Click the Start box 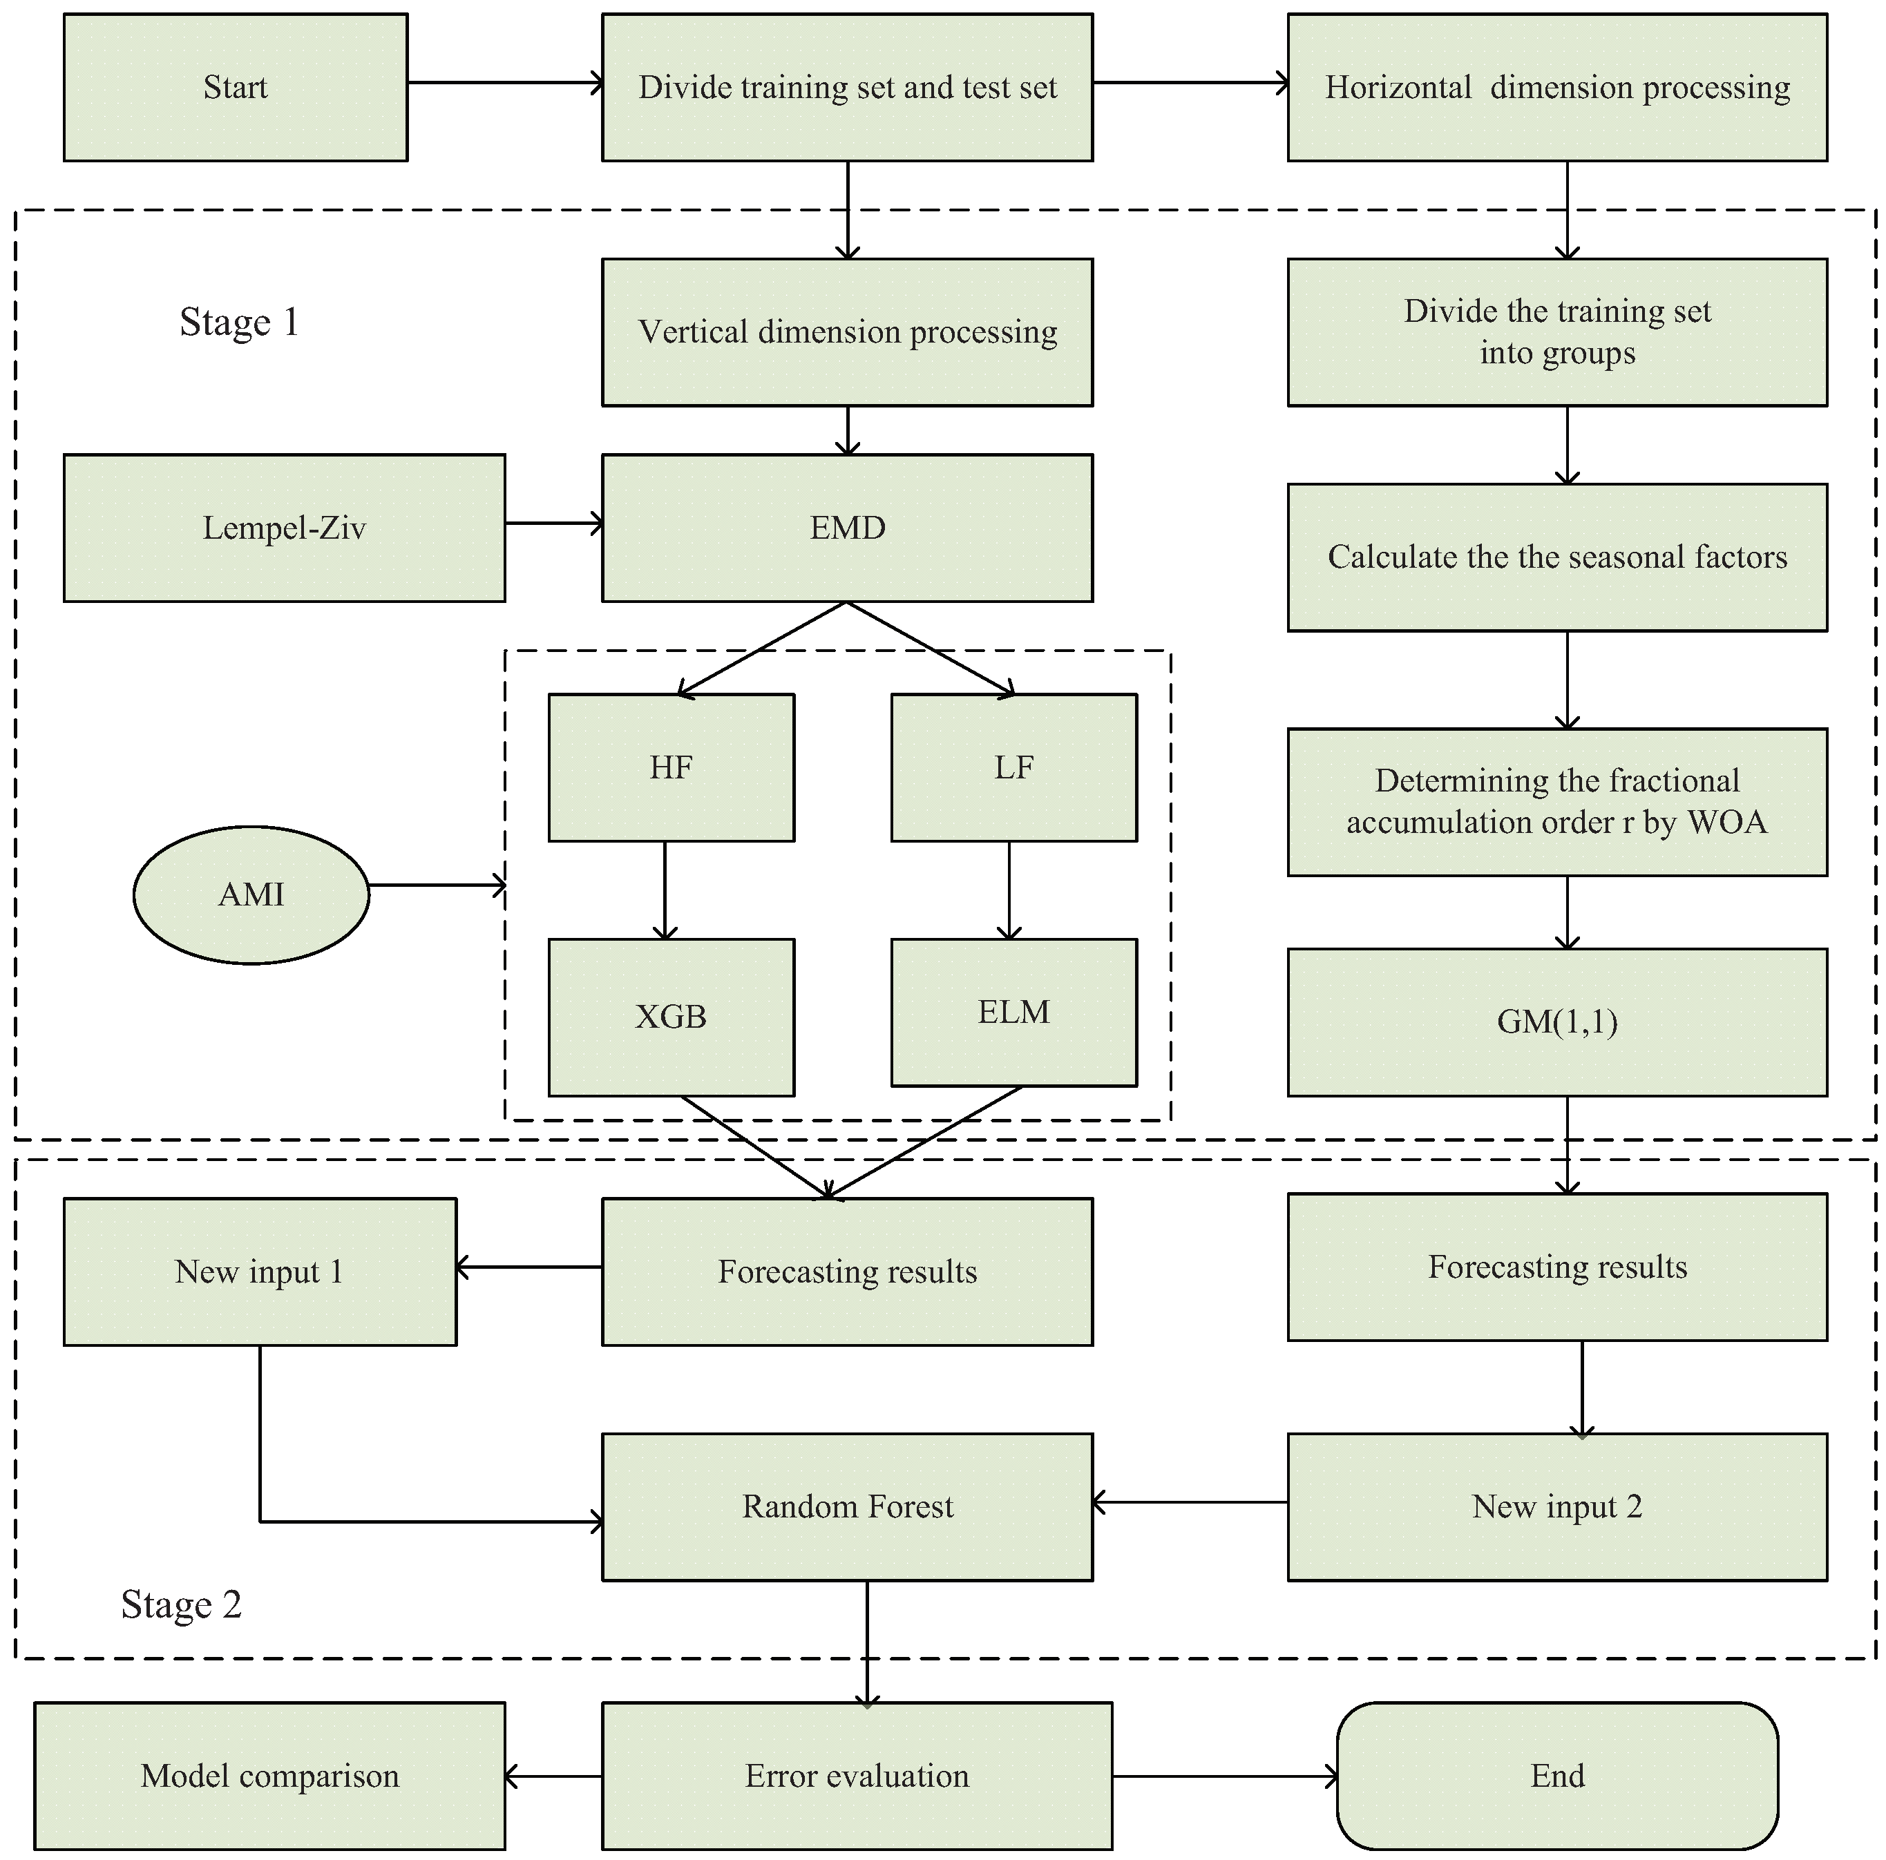tap(236, 87)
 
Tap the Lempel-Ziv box tap(284, 528)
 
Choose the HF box tap(671, 768)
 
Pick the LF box tap(1013, 768)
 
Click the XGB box tap(671, 1017)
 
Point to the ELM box tap(1013, 1012)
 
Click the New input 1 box tap(260, 1272)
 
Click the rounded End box tap(1557, 1776)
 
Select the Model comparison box tap(269, 1776)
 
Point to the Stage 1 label tap(238, 322)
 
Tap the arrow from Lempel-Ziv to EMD tap(553, 524)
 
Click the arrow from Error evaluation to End tap(1224, 1776)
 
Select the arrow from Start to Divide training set tap(505, 83)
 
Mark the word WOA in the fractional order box tap(1727, 822)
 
